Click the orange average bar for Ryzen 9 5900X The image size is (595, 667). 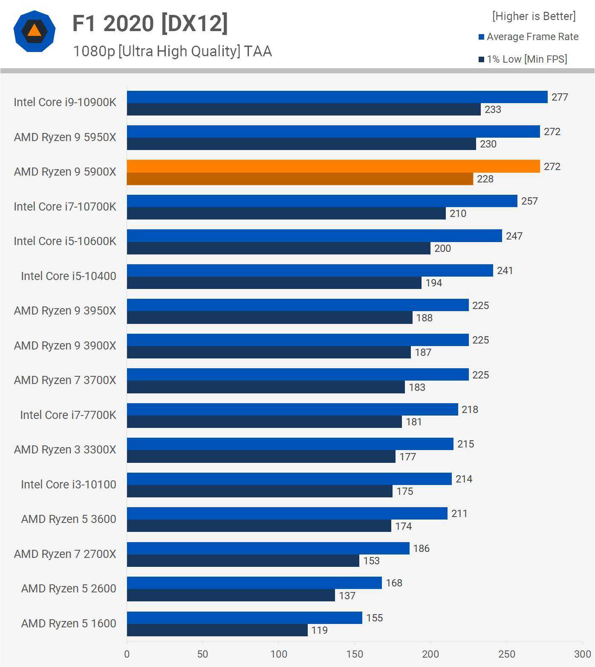coord(333,166)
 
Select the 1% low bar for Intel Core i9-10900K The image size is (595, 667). coord(303,110)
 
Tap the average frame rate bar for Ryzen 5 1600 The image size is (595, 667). coord(244,618)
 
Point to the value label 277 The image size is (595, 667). coord(560,97)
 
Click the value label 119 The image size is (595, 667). coord(320,630)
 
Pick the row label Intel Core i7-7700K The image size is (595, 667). coord(68,415)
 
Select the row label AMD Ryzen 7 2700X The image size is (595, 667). coord(65,554)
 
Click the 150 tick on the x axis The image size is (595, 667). coord(355,654)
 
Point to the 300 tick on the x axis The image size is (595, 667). coord(582,654)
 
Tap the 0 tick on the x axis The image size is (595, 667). coord(127,654)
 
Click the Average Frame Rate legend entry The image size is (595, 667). coord(529,37)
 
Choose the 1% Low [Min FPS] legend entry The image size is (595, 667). coord(523,59)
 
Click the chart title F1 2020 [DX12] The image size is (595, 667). coord(150,23)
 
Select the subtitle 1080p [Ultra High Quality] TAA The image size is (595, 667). coord(172,52)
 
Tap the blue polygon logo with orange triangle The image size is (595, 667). coord(35,31)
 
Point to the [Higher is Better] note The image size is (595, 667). coord(534,16)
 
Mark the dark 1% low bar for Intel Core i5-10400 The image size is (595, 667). coord(274,283)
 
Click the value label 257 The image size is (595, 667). coord(529,201)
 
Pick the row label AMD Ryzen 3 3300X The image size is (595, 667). coord(65,450)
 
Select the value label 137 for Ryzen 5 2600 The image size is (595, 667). coord(347,596)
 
